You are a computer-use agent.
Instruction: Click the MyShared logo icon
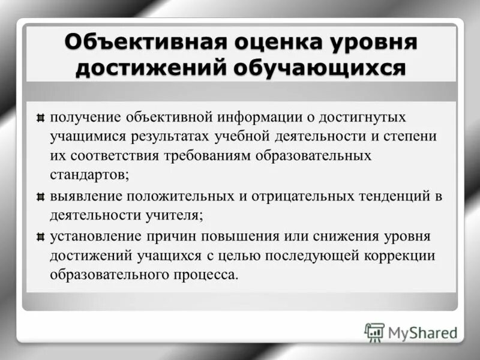pos(374,332)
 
